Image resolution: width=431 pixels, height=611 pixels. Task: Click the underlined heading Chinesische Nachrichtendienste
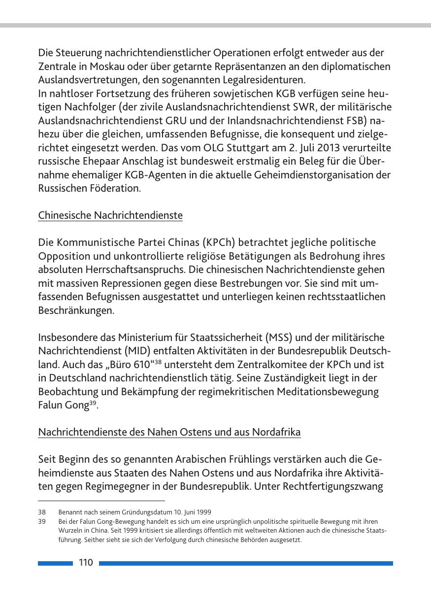point(110,216)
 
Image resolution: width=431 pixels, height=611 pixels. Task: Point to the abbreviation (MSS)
point(280,338)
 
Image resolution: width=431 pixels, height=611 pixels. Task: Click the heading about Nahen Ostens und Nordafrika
point(169,433)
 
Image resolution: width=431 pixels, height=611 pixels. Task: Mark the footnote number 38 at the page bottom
point(42,512)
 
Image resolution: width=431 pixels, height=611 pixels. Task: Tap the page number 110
point(86,563)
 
